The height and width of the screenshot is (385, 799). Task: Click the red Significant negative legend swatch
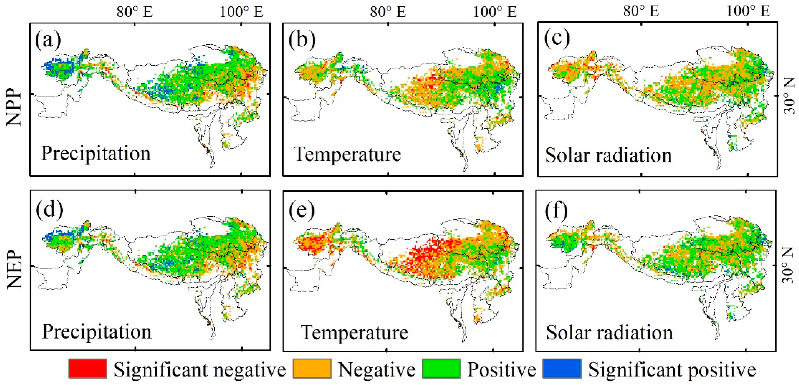pyautogui.click(x=88, y=369)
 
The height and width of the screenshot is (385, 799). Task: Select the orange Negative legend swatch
pyautogui.click(x=312, y=369)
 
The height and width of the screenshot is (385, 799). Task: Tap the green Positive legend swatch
pyautogui.click(x=441, y=369)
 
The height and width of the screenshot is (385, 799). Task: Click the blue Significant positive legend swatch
pyautogui.click(x=562, y=369)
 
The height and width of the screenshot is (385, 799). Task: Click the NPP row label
pyautogui.click(x=14, y=107)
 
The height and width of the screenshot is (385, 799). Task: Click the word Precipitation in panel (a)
pyautogui.click(x=96, y=153)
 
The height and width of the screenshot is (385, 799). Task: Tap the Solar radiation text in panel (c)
pyautogui.click(x=608, y=155)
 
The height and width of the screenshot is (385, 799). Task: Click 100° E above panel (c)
pyautogui.click(x=748, y=11)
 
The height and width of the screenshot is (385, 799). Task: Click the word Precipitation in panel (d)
pyautogui.click(x=97, y=332)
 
